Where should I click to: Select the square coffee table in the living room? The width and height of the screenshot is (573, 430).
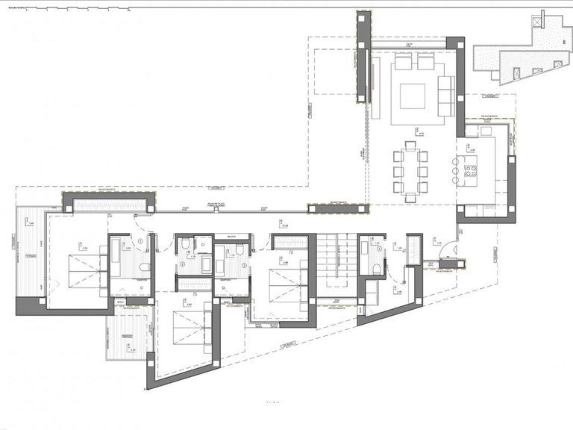[412, 96]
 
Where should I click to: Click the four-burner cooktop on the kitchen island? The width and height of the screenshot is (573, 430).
[472, 171]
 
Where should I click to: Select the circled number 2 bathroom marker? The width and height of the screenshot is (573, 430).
[182, 264]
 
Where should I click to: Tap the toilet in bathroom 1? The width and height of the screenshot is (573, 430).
[144, 267]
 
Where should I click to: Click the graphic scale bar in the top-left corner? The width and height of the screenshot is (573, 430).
[67, 10]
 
